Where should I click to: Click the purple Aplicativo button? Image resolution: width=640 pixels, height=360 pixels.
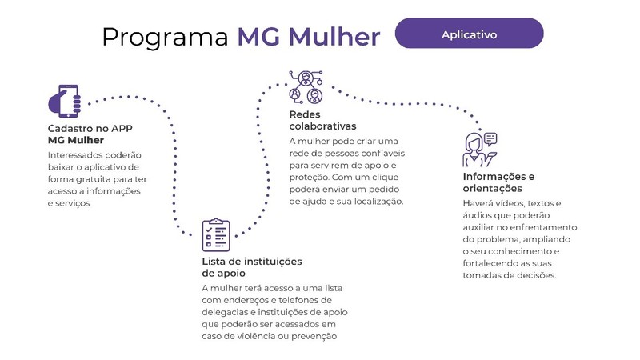[469, 33]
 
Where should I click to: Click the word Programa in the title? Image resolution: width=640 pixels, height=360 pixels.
[166, 37]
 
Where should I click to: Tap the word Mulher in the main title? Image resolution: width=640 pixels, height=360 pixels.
[334, 36]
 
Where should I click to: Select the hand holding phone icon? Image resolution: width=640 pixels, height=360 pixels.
[65, 101]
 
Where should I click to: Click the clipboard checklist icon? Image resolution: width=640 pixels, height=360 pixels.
[216, 234]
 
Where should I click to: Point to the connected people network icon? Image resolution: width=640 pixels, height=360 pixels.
[306, 87]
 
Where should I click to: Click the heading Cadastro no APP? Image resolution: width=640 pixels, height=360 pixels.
[90, 129]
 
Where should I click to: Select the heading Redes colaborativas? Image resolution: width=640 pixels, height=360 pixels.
[322, 121]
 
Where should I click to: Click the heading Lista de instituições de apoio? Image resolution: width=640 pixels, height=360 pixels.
[252, 267]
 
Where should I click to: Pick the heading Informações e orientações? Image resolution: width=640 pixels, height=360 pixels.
[498, 182]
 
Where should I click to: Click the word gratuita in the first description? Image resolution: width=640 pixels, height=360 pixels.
[93, 179]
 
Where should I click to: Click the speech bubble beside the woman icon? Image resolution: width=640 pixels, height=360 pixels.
[490, 138]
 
